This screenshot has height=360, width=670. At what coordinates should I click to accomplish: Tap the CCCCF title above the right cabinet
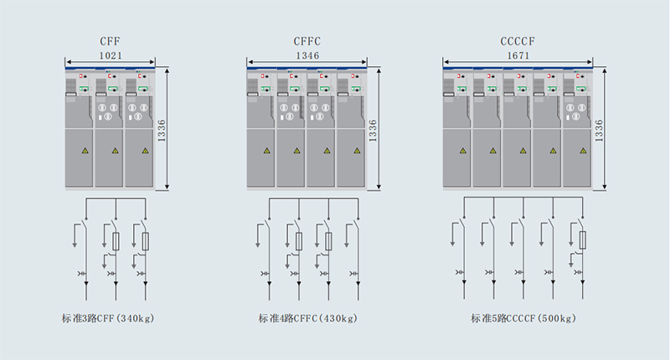519,42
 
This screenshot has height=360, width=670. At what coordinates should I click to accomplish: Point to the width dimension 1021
111,55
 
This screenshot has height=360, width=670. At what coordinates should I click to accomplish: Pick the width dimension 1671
519,55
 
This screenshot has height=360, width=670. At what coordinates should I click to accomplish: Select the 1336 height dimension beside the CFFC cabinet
373,130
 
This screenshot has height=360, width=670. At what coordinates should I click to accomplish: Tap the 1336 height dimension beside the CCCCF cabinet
599,130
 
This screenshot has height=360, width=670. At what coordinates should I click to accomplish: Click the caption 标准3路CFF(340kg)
109,318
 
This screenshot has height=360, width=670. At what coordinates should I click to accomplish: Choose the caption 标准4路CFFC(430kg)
307,318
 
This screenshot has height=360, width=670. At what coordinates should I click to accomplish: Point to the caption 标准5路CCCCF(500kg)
519,318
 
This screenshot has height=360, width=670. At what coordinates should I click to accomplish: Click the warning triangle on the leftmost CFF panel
85,151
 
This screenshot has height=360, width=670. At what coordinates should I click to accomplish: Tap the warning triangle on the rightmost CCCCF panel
579,151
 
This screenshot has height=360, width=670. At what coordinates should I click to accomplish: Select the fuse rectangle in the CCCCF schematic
582,241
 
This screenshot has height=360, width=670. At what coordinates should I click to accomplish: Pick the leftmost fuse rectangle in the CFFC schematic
299,241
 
